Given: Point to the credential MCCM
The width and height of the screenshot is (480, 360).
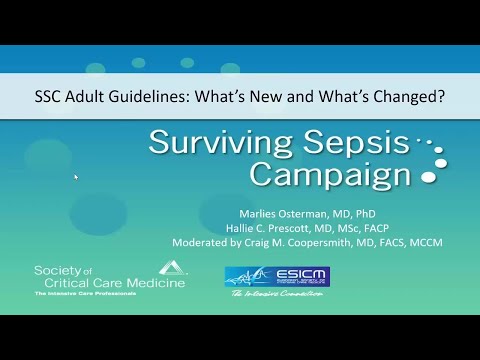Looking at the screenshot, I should [x=421, y=241].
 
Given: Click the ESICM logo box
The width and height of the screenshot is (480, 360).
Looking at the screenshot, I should [x=277, y=276].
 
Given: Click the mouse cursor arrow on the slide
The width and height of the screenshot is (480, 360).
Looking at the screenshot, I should [x=76, y=177].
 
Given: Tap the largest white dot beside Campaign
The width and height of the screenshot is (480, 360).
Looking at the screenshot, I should [x=432, y=176].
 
